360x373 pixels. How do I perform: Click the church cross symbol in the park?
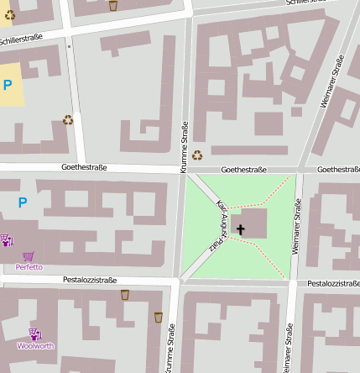pos(241,229)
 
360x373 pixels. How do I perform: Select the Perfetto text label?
pos(29,267)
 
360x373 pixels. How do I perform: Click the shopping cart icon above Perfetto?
pos(29,256)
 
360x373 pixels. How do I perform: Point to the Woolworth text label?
pos(35,345)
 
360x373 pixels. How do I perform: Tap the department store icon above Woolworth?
pos(35,334)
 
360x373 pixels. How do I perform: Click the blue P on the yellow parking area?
pos(8,84)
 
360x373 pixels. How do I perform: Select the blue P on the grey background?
pos(22,202)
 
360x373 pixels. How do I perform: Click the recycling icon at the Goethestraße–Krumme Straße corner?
pos(197,155)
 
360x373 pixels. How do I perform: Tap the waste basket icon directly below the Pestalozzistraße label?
pos(125,295)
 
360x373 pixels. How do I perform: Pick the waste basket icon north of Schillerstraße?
pos(113,6)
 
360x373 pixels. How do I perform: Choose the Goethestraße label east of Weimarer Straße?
pos(338,169)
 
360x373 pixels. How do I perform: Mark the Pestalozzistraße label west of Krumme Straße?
pos(90,279)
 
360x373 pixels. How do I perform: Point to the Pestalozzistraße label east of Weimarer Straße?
pos(333,283)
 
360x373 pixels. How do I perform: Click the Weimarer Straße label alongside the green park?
pos(296,226)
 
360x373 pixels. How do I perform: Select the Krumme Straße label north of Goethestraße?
pos(184,148)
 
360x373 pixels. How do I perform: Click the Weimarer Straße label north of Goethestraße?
pos(332,81)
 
